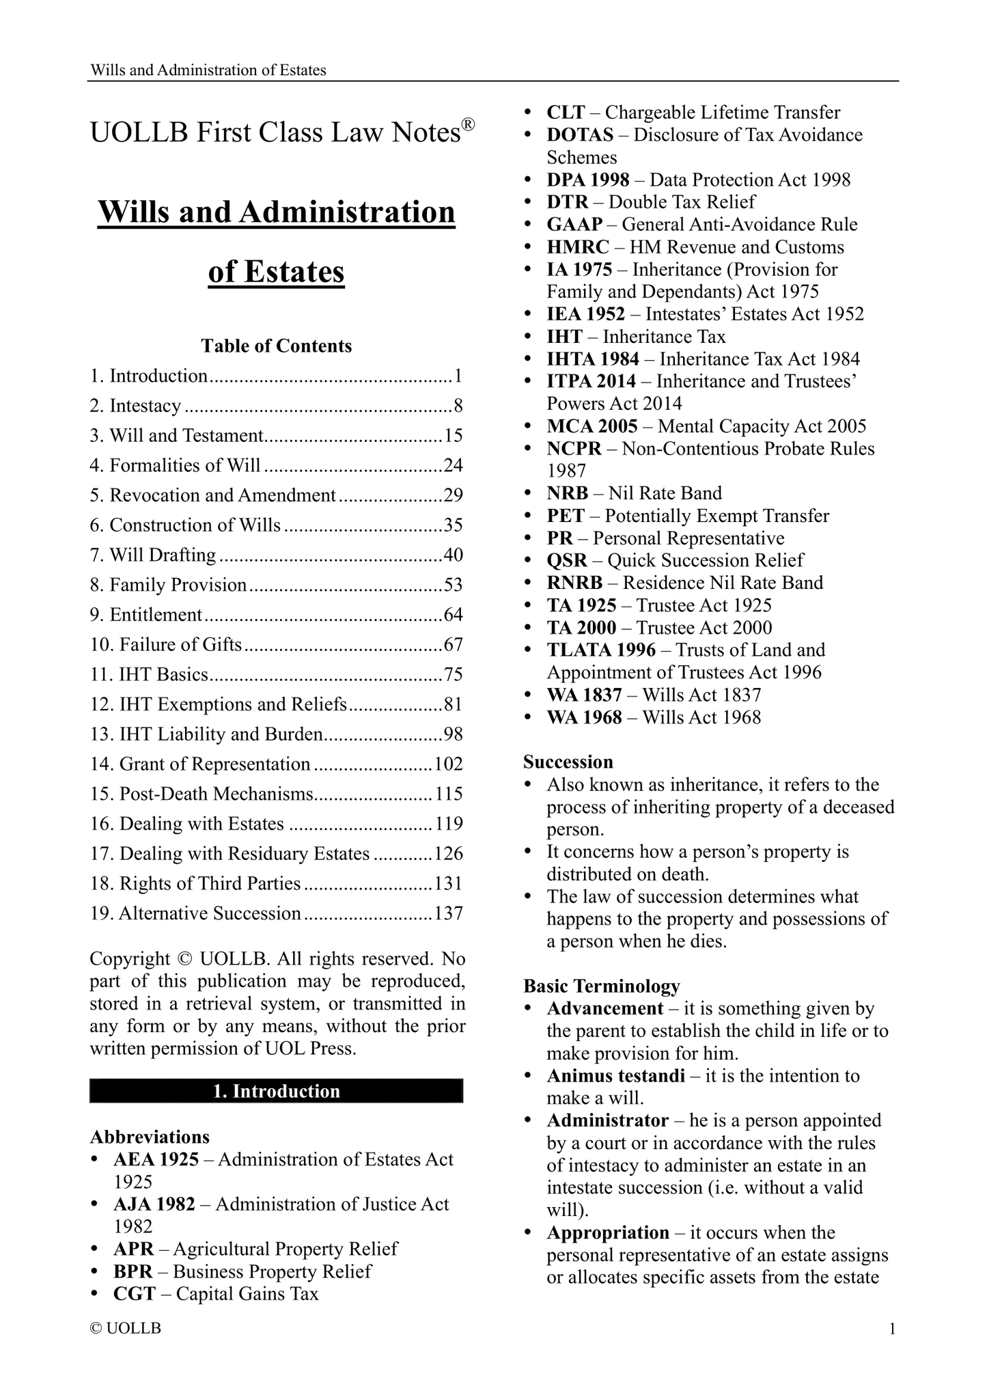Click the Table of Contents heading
276,346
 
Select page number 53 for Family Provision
454,585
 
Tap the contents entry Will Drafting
163,555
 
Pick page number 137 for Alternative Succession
449,913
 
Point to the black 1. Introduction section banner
276,1091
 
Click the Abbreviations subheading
150,1137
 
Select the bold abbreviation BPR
133,1271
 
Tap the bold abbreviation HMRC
578,247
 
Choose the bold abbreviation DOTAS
580,135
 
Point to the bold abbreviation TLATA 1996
601,650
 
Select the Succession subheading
568,762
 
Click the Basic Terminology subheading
602,986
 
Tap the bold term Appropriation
608,1232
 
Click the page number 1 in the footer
892,1329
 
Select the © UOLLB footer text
126,1329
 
